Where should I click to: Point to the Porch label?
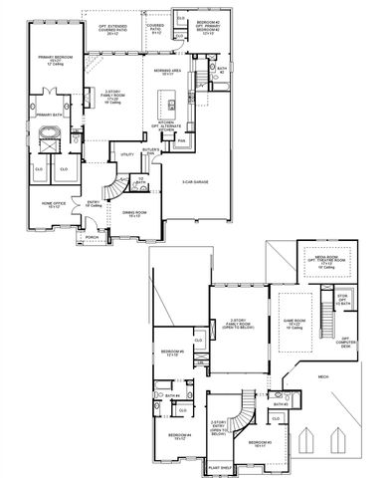(92, 239)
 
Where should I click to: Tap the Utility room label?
(126, 155)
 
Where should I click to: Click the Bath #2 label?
(224, 71)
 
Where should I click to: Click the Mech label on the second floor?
(323, 376)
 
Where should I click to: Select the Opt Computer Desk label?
(344, 341)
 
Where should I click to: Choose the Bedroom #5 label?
(173, 353)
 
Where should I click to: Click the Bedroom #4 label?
(179, 435)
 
